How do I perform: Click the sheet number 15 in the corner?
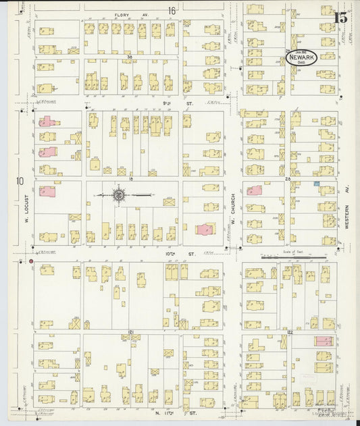(341, 17)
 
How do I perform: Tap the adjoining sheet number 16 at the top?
(172, 10)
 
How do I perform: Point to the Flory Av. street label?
(122, 14)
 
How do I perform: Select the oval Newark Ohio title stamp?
(301, 59)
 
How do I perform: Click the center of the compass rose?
(118, 195)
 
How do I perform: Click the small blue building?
(315, 184)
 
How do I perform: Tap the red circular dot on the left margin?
(31, 260)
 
